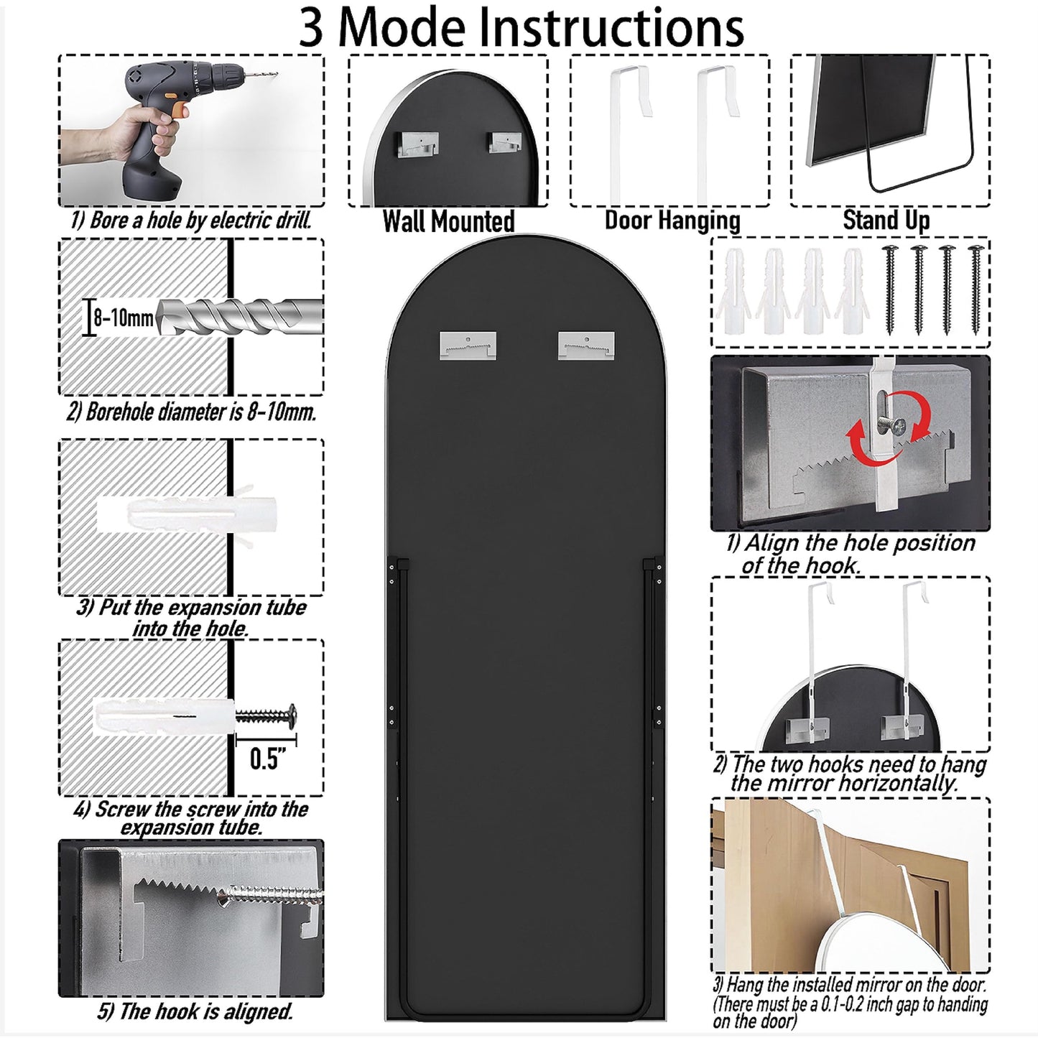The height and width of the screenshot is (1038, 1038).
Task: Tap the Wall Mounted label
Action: click(448, 221)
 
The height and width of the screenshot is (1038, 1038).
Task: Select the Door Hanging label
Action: click(672, 221)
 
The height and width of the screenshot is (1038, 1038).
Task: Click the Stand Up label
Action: click(886, 221)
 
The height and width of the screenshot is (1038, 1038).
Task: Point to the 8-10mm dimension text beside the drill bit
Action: click(124, 318)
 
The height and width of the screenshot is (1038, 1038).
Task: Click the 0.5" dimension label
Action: click(267, 759)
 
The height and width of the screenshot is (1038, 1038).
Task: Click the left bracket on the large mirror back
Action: click(468, 346)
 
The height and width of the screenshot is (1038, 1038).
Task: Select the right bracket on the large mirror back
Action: click(586, 346)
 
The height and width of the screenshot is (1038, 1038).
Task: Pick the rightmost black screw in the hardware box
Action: click(975, 289)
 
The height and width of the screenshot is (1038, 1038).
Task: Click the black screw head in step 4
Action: click(292, 715)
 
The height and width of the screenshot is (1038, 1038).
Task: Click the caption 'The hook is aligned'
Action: click(195, 1011)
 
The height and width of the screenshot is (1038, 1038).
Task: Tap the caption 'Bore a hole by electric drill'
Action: click(190, 221)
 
